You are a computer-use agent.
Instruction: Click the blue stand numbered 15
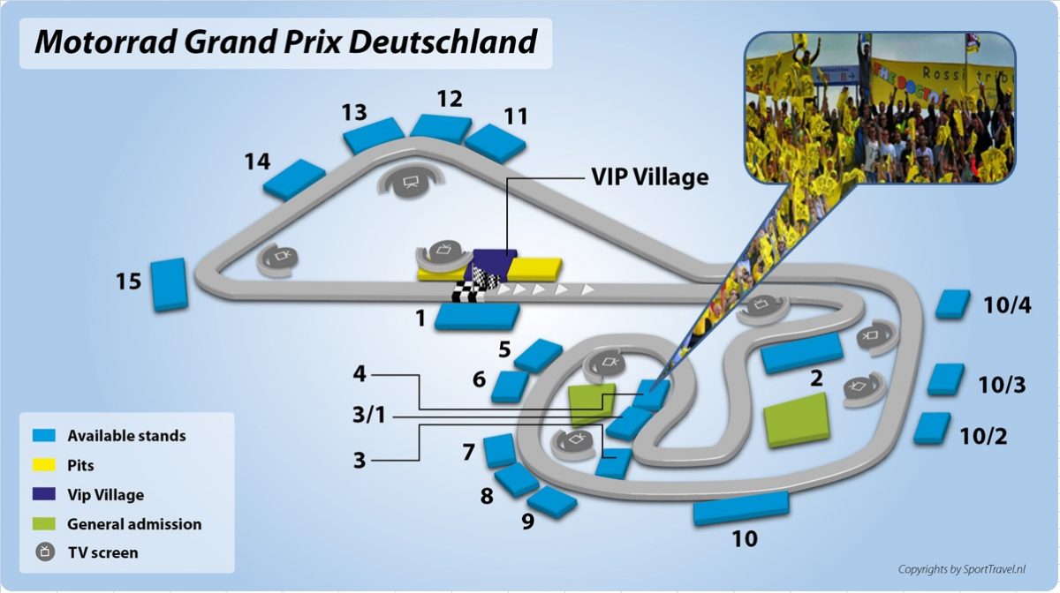tap(169, 284)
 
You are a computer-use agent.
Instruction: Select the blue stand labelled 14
tap(294, 179)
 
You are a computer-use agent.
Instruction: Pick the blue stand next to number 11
tap(496, 143)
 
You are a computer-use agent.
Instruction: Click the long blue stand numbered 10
tap(740, 507)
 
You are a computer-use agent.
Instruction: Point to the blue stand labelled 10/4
tap(953, 304)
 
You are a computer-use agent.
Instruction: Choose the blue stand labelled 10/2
tap(931, 427)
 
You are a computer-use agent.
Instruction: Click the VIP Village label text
tap(649, 176)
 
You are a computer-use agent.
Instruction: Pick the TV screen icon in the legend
tap(44, 552)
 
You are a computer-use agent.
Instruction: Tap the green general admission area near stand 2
tap(797, 420)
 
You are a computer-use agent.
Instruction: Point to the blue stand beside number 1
tap(477, 316)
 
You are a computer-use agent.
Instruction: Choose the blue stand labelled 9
tap(552, 501)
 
